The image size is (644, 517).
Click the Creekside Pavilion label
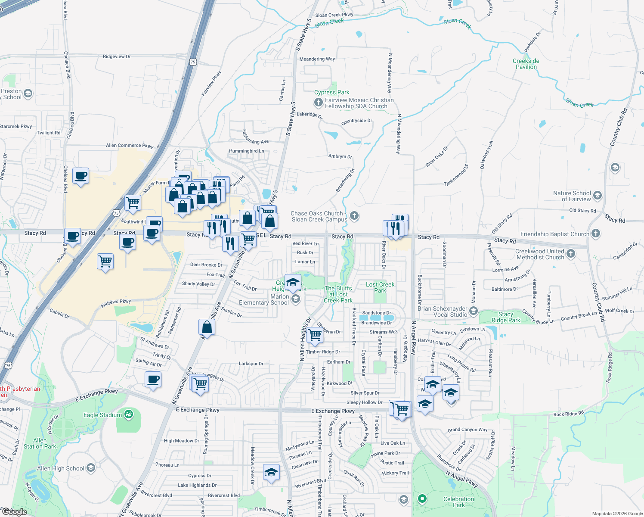click(526, 64)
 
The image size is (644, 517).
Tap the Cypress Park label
click(331, 92)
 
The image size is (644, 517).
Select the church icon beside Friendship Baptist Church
click(596, 234)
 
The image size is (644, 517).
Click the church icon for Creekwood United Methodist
click(571, 253)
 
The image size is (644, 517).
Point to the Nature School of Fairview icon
click(597, 196)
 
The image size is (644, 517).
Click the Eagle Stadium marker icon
click(128, 414)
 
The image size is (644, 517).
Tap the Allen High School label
click(61, 468)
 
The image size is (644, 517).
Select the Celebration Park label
click(458, 502)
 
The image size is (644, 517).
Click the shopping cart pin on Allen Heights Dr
click(315, 334)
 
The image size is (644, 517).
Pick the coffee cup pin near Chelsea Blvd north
click(80, 175)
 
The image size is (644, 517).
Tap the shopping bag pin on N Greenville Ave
click(207, 327)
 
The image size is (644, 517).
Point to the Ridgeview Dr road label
click(117, 56)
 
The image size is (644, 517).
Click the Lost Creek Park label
click(380, 287)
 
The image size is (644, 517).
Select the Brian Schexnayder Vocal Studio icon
click(474, 311)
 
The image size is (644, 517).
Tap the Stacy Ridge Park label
click(506, 317)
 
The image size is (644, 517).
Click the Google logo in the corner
click(14, 512)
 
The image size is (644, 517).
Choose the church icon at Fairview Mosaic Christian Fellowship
click(318, 102)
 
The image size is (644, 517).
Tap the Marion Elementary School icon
click(296, 299)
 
